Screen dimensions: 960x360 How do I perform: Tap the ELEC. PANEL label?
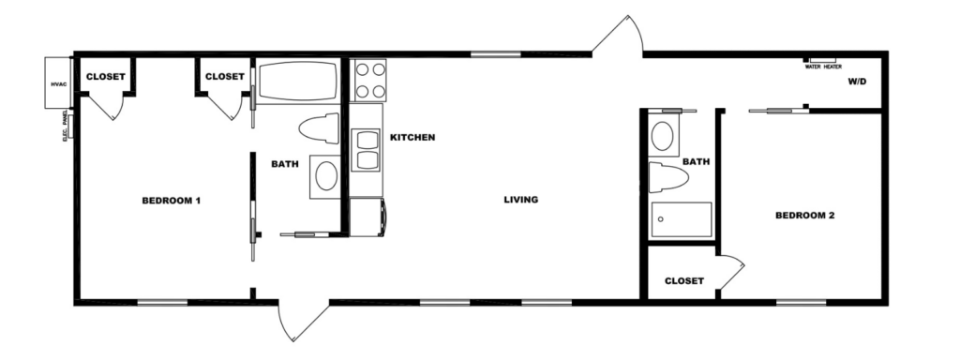tap(65, 127)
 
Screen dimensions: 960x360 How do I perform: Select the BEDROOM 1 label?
tap(172, 201)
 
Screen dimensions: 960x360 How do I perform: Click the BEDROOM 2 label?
tap(805, 216)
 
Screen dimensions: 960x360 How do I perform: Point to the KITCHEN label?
tap(412, 137)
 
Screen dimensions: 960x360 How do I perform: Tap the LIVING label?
tap(521, 200)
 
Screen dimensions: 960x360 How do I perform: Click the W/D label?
tap(857, 82)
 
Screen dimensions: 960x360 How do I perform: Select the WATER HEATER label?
tap(823, 67)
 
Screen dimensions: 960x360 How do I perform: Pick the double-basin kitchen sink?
tap(367, 150)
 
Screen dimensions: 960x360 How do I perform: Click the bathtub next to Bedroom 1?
tap(297, 81)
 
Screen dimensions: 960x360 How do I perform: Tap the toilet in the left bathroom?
tap(319, 128)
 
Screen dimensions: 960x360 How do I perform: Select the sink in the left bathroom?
tap(325, 176)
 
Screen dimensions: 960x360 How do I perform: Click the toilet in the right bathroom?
tap(668, 177)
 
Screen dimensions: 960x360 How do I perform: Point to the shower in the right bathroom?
tap(681, 219)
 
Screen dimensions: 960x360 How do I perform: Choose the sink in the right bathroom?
tap(663, 135)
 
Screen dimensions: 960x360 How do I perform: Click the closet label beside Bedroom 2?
tap(684, 281)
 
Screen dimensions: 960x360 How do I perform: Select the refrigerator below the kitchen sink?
tap(368, 217)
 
